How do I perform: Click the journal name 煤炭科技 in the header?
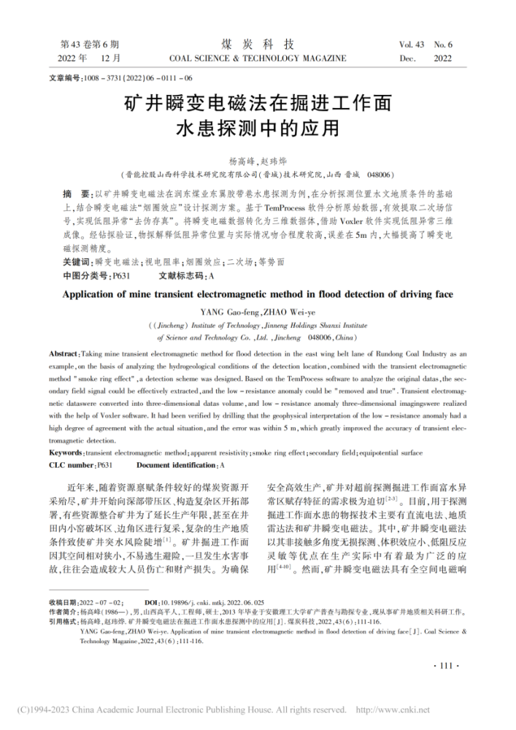point(258,43)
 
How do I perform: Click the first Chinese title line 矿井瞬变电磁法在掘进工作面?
point(258,101)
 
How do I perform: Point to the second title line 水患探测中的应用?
point(258,128)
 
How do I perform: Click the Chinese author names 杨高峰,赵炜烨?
point(258,160)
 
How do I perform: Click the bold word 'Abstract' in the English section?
point(64,353)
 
